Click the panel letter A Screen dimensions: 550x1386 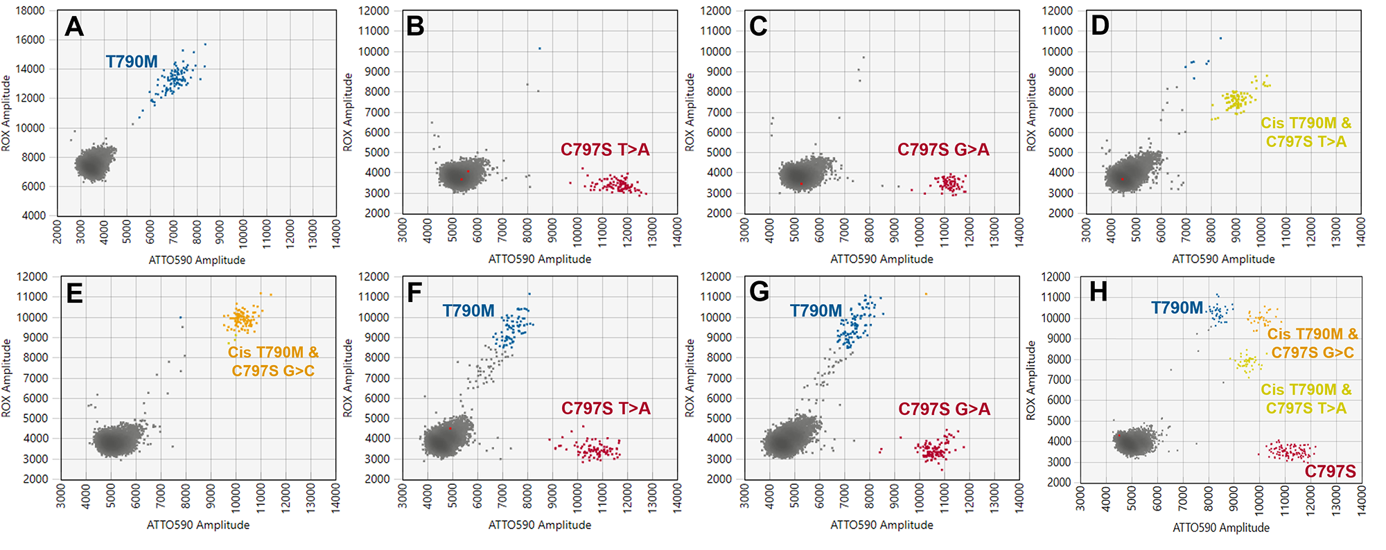coord(74,27)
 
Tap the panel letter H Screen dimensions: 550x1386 coord(1098,292)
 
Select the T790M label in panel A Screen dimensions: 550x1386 coord(132,62)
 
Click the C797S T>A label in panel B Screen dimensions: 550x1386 coord(605,150)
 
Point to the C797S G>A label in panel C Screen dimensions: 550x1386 coord(943,150)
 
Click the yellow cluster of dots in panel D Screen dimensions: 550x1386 coord(1238,101)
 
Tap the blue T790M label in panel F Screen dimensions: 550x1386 coord(468,311)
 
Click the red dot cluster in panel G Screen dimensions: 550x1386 coord(936,450)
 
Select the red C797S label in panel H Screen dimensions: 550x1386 coord(1330,472)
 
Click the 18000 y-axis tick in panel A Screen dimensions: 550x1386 coord(30,11)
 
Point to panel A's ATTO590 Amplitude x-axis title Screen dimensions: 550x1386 coord(197,260)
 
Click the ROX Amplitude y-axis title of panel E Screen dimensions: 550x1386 coord(7,378)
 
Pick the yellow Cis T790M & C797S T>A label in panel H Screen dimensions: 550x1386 coord(1306,399)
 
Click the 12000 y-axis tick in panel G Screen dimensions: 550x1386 coord(716,277)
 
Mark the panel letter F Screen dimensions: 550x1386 coord(414,292)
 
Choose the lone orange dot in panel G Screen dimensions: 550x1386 coord(926,294)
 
